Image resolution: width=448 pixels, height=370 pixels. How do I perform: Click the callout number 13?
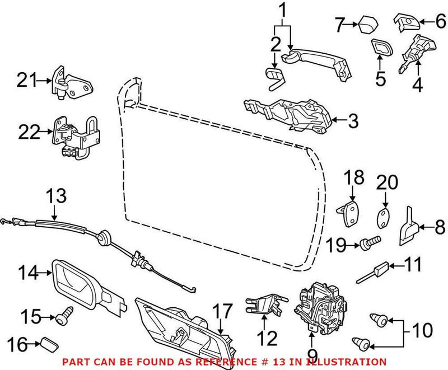click(56, 196)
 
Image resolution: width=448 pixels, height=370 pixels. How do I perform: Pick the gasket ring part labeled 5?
click(381, 48)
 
